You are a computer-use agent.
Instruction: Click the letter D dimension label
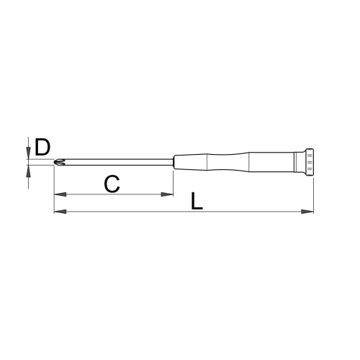pos(42,147)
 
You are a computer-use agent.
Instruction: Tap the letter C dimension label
pos(112,184)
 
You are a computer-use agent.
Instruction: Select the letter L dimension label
pos(197,201)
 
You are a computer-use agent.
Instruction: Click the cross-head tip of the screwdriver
pos(59,162)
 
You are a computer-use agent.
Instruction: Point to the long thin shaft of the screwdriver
pos(119,162)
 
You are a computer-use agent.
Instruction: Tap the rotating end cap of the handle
pos(309,162)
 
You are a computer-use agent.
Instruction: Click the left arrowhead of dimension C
pos(60,194)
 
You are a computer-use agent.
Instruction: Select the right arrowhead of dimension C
pos(167,194)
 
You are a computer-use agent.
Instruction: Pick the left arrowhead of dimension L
pos(60,212)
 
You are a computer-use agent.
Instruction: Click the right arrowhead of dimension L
pos(307,212)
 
